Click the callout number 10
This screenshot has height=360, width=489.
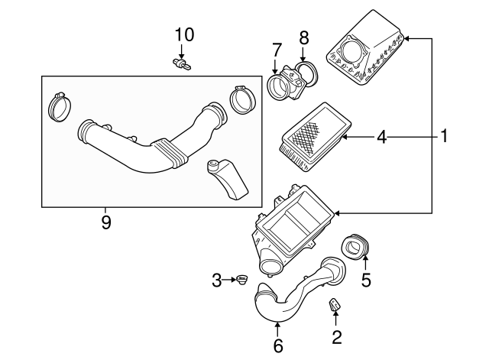(184, 35)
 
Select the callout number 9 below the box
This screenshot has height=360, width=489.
(106, 222)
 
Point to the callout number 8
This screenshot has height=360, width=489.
(304, 37)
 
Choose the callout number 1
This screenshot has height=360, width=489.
(442, 138)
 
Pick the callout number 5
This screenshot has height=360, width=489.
(365, 280)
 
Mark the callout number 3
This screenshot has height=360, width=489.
(217, 281)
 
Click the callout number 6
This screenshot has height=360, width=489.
(278, 346)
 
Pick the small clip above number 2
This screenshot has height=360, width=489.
(335, 307)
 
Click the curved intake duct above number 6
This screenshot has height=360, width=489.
(294, 294)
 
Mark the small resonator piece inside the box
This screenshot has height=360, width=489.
(227, 179)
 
